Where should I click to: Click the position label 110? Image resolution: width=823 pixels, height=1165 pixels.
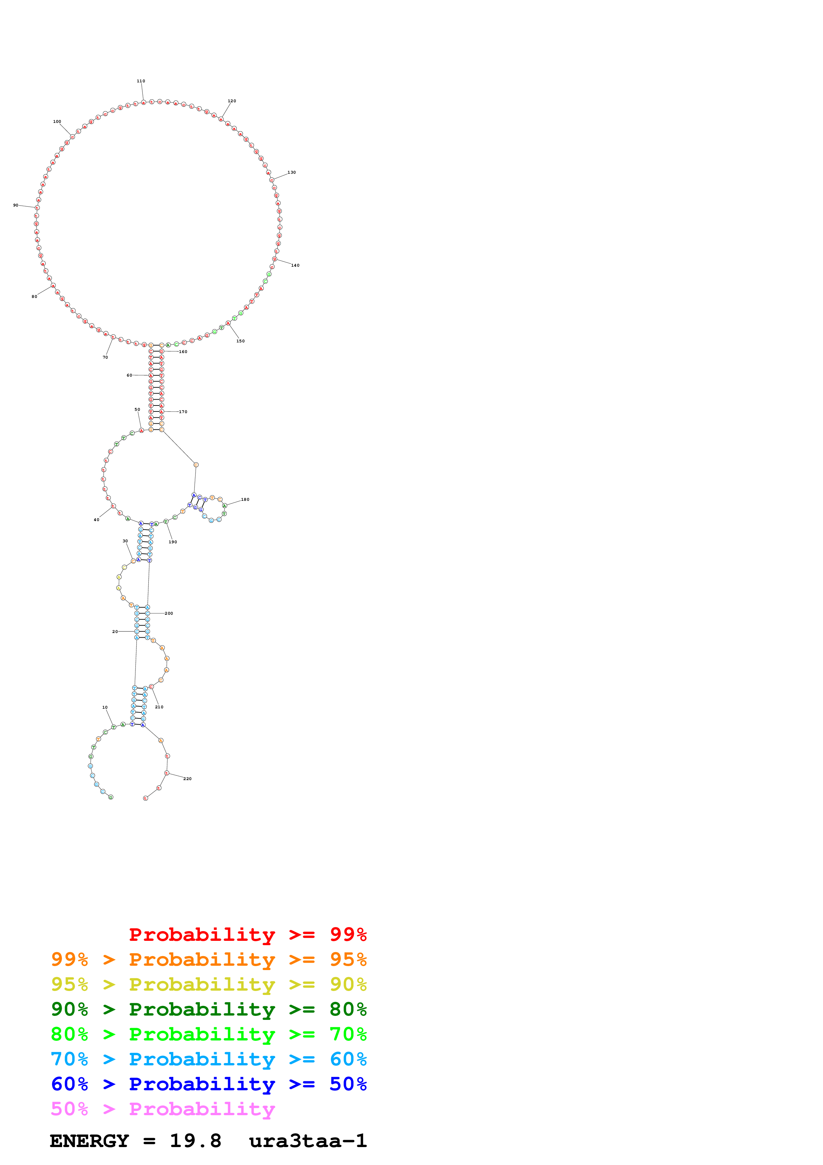(141, 81)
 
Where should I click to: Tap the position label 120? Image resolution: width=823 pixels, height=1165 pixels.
(232, 101)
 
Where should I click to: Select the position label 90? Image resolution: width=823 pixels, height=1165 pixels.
(16, 206)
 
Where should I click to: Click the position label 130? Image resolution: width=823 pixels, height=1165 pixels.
(291, 172)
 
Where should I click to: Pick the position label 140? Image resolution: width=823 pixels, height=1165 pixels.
(295, 265)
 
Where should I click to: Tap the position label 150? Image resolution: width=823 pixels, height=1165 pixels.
(240, 341)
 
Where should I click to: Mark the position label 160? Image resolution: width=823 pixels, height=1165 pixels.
(183, 352)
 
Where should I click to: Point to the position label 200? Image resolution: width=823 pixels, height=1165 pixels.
(169, 613)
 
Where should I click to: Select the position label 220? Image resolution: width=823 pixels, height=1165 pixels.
(188, 779)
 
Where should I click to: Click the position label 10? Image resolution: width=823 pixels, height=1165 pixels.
(105, 707)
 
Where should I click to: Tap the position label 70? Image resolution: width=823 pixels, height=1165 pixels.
(106, 357)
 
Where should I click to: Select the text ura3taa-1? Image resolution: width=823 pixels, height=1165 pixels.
(308, 1141)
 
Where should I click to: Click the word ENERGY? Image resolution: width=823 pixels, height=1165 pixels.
(89, 1141)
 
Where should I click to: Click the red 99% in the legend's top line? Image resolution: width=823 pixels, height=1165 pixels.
(348, 935)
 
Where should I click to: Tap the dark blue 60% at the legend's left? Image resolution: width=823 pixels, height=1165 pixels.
(69, 1084)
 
